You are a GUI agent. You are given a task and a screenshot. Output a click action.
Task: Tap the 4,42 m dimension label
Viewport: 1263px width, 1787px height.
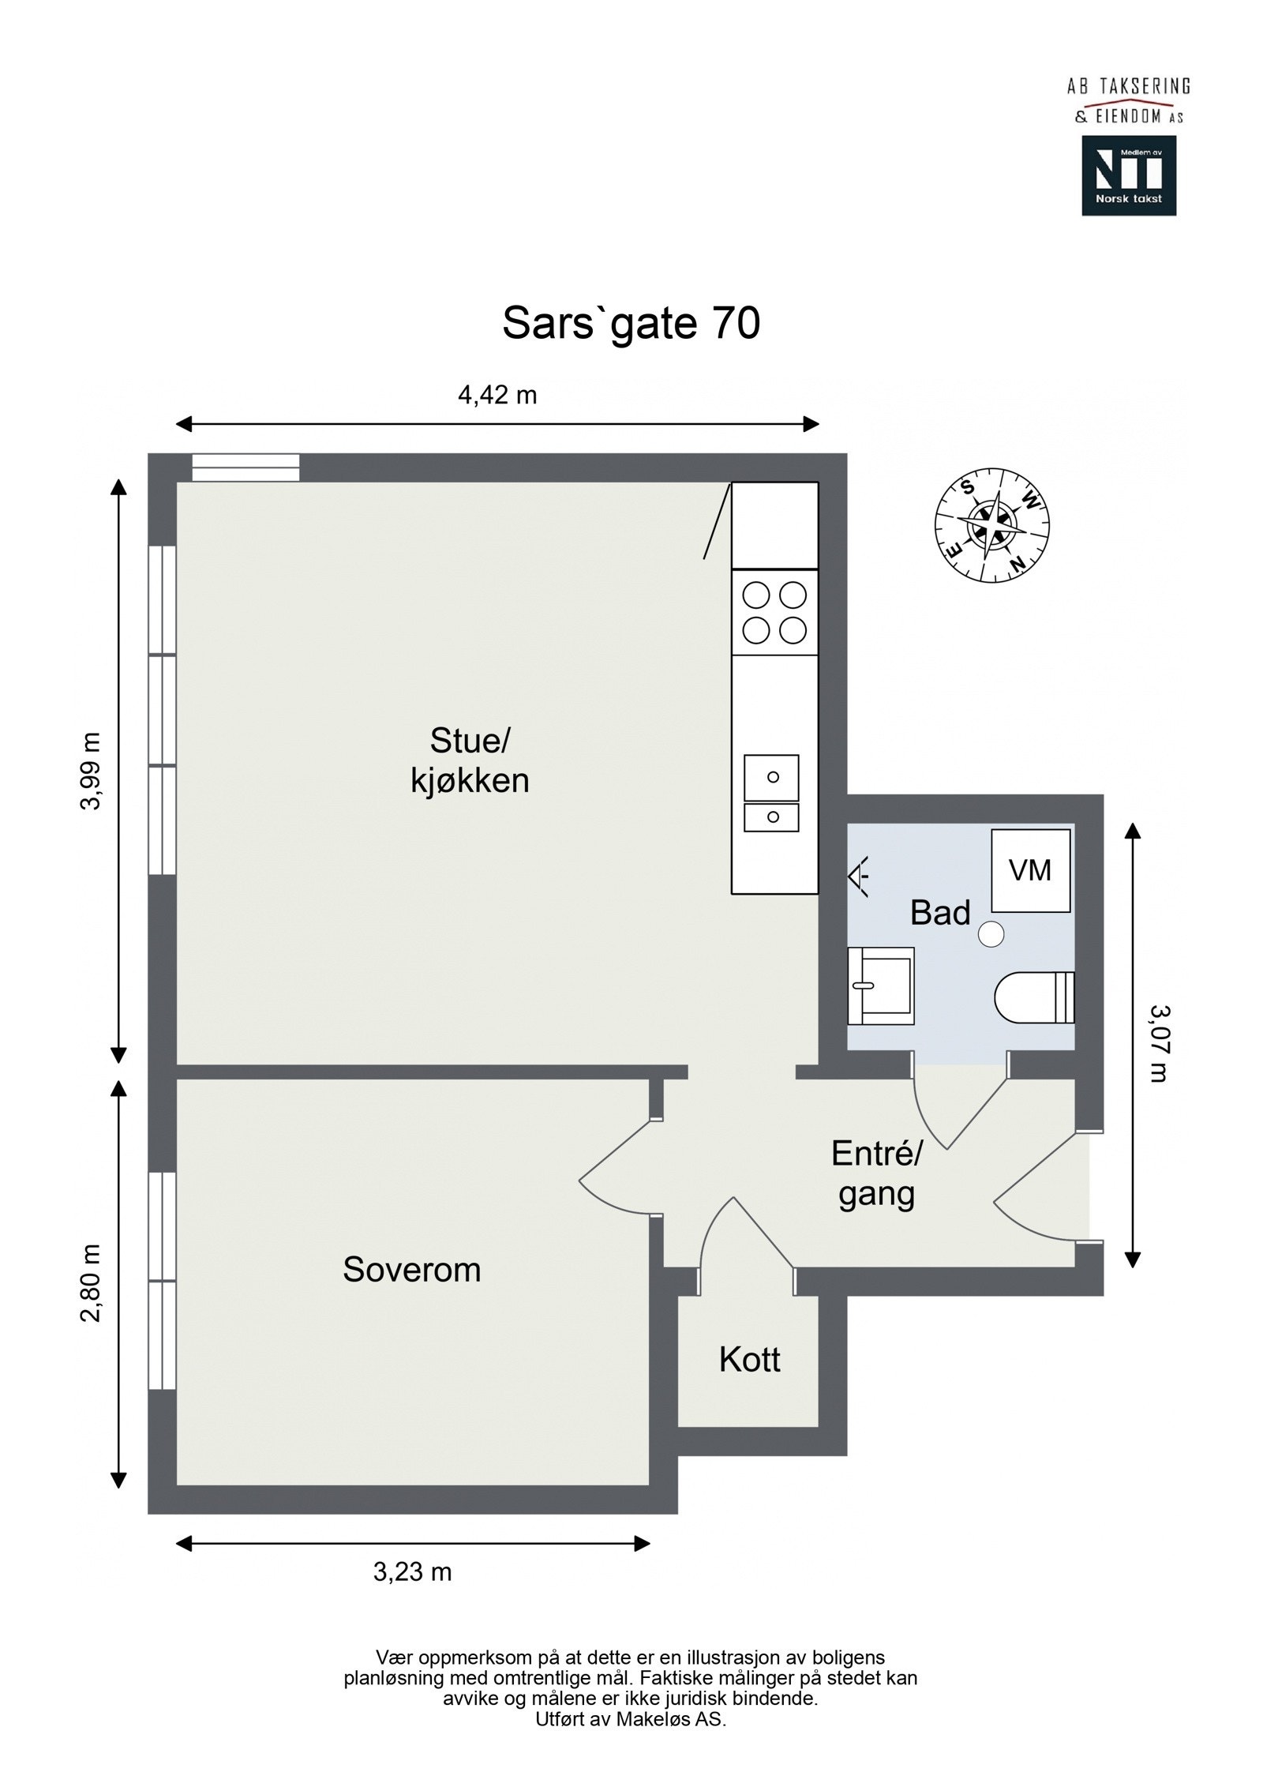coord(497,395)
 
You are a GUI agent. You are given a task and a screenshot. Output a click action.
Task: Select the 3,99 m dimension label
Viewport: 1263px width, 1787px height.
coord(92,771)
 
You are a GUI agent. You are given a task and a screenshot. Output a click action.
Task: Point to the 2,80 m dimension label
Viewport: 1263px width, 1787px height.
coord(92,1282)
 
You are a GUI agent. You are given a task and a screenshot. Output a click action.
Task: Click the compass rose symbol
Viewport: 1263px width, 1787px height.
coord(992,525)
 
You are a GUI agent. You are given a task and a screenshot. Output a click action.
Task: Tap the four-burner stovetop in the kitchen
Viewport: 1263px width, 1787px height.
coord(774,612)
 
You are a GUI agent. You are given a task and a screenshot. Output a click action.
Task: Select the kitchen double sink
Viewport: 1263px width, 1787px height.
coord(771,793)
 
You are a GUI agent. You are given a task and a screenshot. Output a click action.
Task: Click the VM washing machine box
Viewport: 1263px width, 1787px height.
coord(1030,870)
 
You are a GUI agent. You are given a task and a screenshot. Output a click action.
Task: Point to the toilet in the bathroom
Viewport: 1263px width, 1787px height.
coord(1034,997)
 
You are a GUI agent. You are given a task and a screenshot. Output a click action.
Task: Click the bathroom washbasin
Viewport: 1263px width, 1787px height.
coord(880,985)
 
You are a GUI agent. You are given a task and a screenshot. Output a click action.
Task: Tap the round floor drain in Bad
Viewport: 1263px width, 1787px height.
coord(991,934)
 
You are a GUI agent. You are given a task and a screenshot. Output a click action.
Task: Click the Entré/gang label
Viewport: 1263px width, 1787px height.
coord(876,1174)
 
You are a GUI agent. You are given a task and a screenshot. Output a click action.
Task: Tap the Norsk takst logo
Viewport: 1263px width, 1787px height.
coord(1128,175)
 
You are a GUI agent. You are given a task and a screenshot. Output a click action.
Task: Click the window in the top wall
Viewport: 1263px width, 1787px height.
coord(246,467)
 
